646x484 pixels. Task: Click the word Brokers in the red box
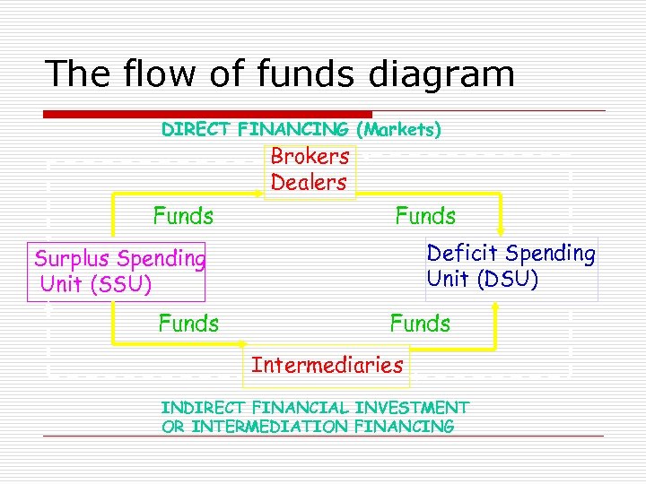point(310,156)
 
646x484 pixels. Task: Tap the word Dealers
point(309,182)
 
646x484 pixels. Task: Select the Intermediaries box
point(327,365)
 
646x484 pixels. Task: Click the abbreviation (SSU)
point(119,285)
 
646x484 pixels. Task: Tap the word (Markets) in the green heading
point(398,130)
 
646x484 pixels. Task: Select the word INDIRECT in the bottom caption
point(205,408)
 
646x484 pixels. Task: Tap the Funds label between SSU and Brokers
point(183,216)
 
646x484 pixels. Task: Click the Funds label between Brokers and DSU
point(425,216)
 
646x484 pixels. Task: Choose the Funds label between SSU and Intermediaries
point(188,323)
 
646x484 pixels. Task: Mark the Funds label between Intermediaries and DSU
point(420,323)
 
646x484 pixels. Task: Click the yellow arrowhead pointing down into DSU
point(502,229)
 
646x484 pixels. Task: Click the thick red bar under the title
point(207,114)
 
